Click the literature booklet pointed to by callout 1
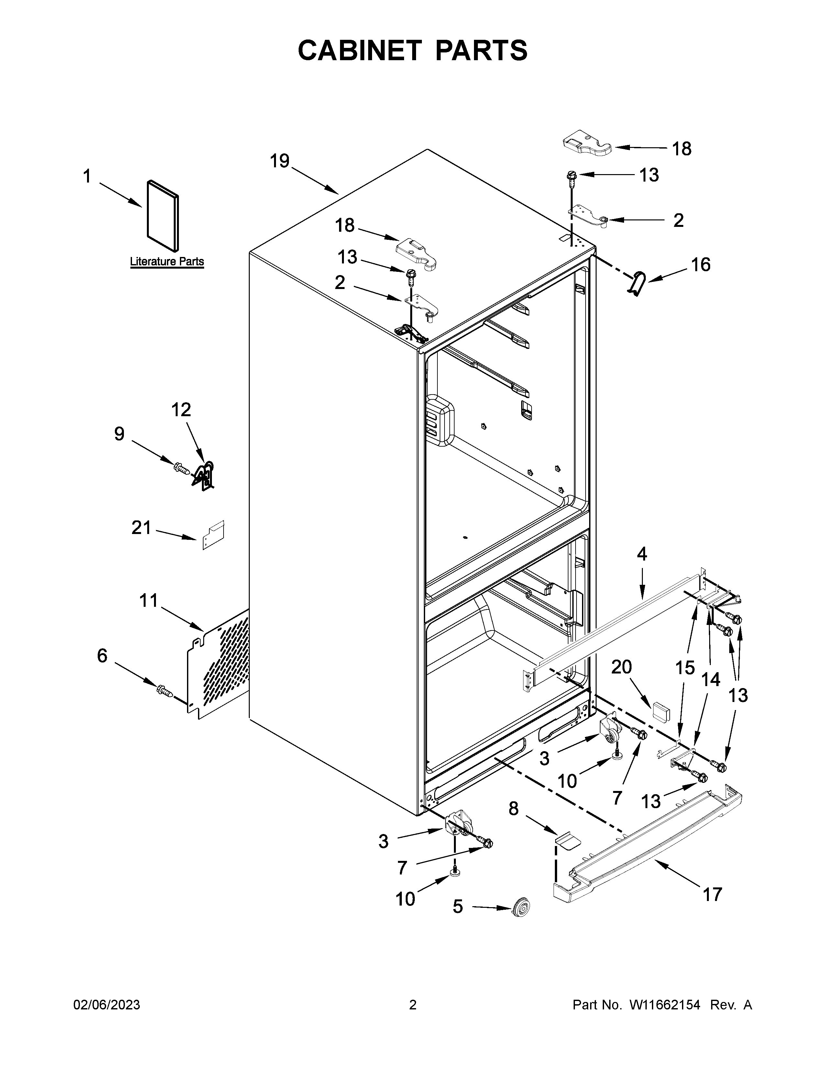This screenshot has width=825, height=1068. (x=163, y=215)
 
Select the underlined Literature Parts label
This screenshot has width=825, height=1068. (x=167, y=261)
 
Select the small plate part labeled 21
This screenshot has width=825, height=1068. (x=214, y=535)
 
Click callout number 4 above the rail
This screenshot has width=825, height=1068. (x=642, y=554)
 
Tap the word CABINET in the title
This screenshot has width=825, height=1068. (x=359, y=50)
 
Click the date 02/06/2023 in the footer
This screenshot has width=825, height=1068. (x=106, y=1005)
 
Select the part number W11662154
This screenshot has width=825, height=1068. (x=665, y=1005)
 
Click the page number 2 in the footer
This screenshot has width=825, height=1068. (x=412, y=1005)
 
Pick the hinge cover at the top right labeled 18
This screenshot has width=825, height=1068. (x=586, y=144)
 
